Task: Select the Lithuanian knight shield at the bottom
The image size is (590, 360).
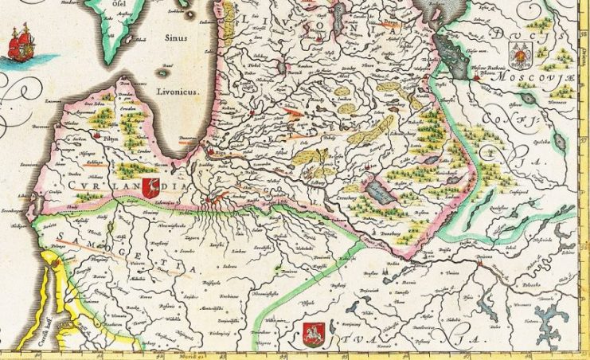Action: [315, 331]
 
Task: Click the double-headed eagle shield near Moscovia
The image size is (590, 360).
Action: [522, 55]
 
